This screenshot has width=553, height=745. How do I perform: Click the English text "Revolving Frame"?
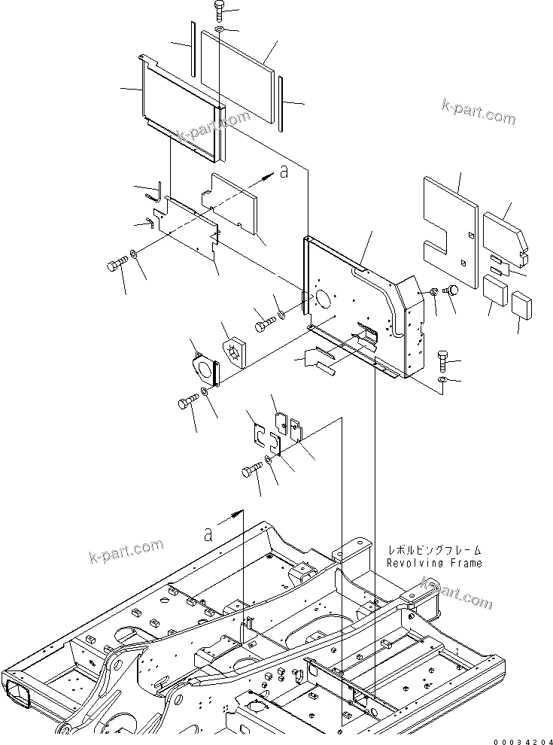(435, 563)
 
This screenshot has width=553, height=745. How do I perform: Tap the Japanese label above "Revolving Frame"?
(435, 550)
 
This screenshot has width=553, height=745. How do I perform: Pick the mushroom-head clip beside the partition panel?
(453, 290)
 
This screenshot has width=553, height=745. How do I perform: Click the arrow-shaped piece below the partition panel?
(319, 360)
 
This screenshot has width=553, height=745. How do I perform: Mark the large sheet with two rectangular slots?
(449, 230)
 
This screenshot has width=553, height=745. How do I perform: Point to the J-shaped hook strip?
(155, 193)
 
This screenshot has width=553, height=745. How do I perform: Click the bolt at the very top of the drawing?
(218, 11)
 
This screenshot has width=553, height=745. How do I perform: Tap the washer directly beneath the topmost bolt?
(217, 29)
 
